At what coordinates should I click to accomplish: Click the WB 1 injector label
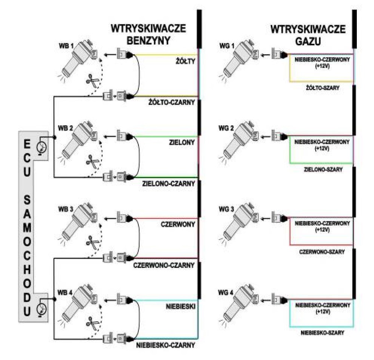tap(66, 46)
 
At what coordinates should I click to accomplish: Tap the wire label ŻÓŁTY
tap(186, 61)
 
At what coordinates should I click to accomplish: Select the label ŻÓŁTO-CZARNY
tap(172, 103)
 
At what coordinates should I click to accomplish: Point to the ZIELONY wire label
tap(182, 143)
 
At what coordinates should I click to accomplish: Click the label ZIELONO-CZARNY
tap(169, 184)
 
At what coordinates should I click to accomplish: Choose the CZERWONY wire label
tap(178, 225)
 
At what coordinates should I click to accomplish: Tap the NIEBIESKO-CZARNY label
tap(166, 345)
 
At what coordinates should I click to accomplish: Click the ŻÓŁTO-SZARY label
tap(322, 88)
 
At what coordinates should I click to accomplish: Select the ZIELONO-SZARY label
tap(323, 170)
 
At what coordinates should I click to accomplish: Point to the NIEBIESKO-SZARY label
tap(322, 333)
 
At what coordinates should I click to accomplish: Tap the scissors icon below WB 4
tap(92, 323)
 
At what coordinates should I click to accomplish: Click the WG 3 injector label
tap(226, 209)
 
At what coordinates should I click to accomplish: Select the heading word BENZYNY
tap(148, 40)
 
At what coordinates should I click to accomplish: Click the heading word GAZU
tap(308, 41)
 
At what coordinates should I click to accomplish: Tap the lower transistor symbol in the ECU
tap(42, 309)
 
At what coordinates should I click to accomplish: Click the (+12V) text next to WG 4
tap(322, 312)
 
